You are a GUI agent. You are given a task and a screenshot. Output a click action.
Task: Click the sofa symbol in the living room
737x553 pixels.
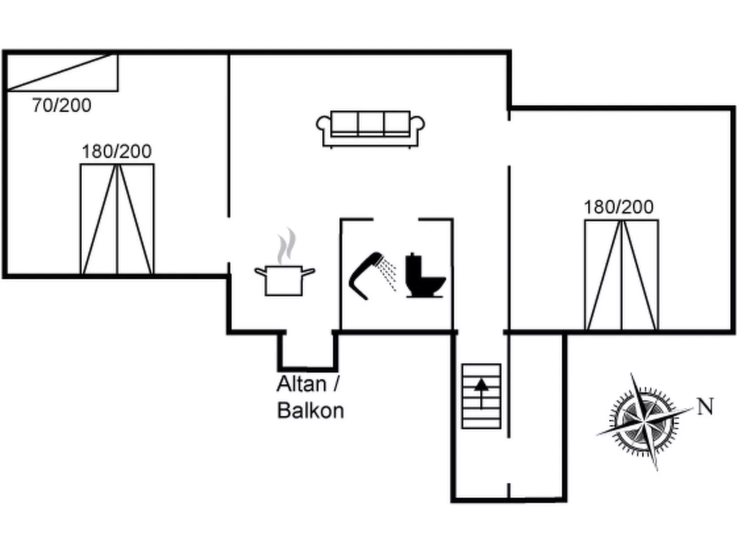[370, 128]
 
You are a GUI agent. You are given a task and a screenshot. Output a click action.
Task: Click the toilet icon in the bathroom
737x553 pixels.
[424, 277]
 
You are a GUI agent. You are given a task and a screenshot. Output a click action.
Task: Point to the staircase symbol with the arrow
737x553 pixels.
[481, 396]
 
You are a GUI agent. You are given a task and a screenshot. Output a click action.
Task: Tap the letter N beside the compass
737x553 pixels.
[705, 407]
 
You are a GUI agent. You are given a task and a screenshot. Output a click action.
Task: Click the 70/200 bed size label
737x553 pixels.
[61, 106]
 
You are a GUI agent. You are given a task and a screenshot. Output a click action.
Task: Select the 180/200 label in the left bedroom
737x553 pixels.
[117, 151]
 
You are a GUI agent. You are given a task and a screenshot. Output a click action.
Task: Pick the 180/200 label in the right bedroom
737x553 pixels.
[618, 207]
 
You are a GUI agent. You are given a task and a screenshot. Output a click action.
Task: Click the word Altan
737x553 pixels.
[301, 384]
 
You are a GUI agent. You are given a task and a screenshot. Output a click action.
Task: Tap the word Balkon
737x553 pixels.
[311, 411]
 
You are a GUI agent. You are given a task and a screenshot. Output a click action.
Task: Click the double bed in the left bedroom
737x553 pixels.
[117, 219]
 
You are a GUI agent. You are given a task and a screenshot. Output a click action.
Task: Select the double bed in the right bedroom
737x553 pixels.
[621, 275]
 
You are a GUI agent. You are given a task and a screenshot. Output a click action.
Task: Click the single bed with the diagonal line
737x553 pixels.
[62, 73]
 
